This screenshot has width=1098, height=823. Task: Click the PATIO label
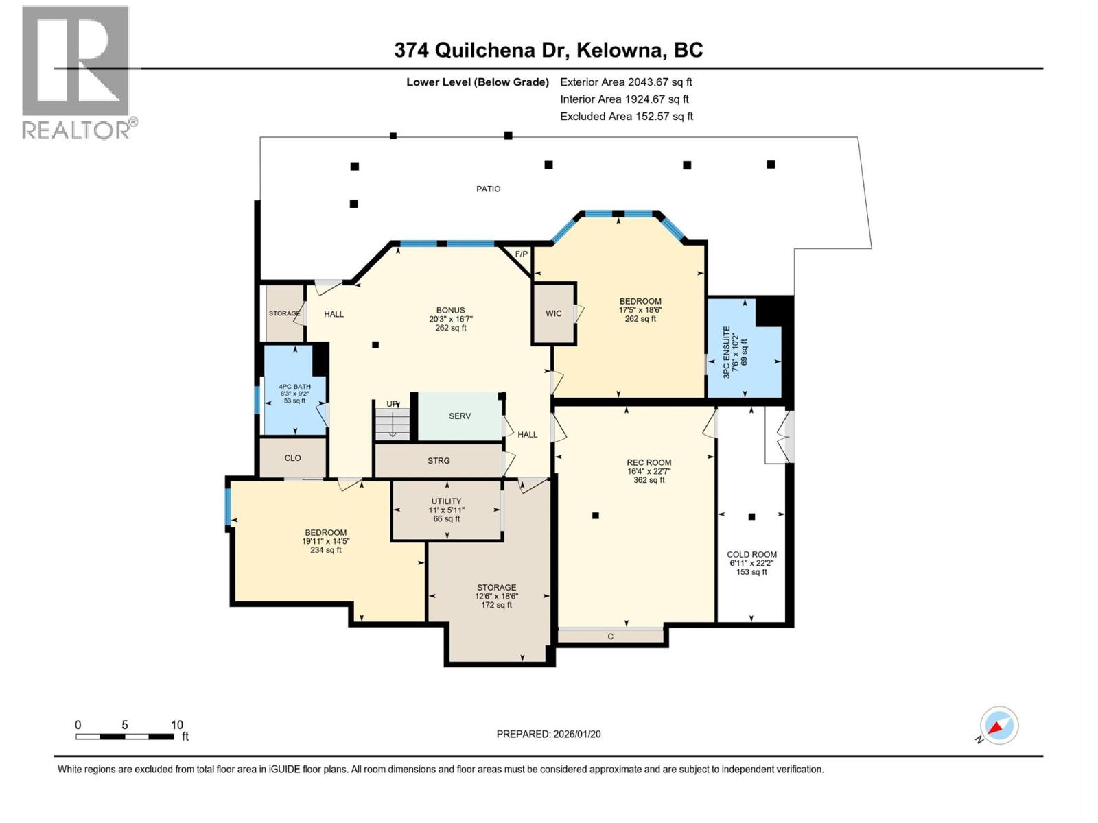pyautogui.click(x=488, y=189)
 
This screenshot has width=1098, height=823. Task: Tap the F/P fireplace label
pyautogui.click(x=522, y=254)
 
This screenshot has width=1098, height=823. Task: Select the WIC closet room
pyautogui.click(x=553, y=313)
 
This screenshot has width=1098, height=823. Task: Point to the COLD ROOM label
pyautogui.click(x=751, y=555)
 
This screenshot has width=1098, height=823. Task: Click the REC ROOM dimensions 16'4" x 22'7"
pyautogui.click(x=649, y=471)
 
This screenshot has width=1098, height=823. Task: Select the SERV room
pyautogui.click(x=460, y=416)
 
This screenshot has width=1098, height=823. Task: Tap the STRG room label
pyautogui.click(x=439, y=461)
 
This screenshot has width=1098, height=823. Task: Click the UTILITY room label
pyautogui.click(x=446, y=501)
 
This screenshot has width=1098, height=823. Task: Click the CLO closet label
pyautogui.click(x=292, y=458)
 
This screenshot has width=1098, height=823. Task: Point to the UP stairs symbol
pyautogui.click(x=393, y=418)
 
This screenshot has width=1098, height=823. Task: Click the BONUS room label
pyautogui.click(x=450, y=310)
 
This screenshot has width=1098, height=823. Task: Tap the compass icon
pyautogui.click(x=998, y=726)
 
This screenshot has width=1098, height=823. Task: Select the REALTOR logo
pyautogui.click(x=77, y=72)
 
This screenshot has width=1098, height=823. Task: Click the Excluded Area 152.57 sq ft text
pyautogui.click(x=626, y=117)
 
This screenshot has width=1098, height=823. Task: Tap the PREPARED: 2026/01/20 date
pyautogui.click(x=548, y=734)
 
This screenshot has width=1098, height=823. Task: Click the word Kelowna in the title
pyautogui.click(x=620, y=50)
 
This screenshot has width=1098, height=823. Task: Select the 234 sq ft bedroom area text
pyautogui.click(x=325, y=550)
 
